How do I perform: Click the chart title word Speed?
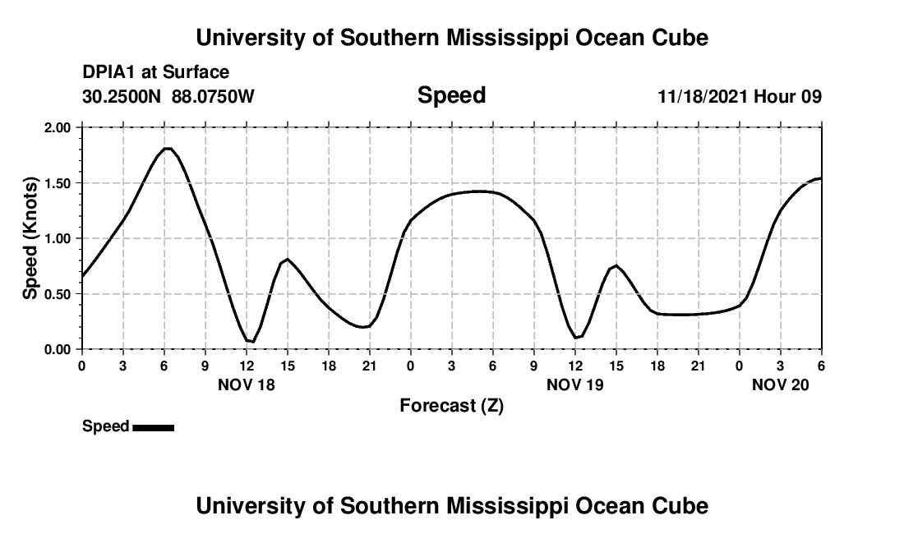click(451, 95)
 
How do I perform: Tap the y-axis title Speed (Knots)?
click(30, 238)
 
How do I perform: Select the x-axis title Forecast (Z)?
click(451, 405)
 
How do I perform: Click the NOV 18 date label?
click(246, 384)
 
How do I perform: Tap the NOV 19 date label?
click(574, 384)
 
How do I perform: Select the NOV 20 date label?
click(780, 384)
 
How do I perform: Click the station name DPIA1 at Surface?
click(156, 73)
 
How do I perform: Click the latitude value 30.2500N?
click(123, 96)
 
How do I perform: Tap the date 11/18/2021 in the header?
click(703, 96)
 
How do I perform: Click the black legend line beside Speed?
click(153, 427)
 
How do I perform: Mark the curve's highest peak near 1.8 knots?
click(167, 149)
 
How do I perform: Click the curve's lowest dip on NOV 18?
click(253, 341)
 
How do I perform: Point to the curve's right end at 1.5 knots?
click(820, 178)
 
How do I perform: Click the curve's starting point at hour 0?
click(82, 276)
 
